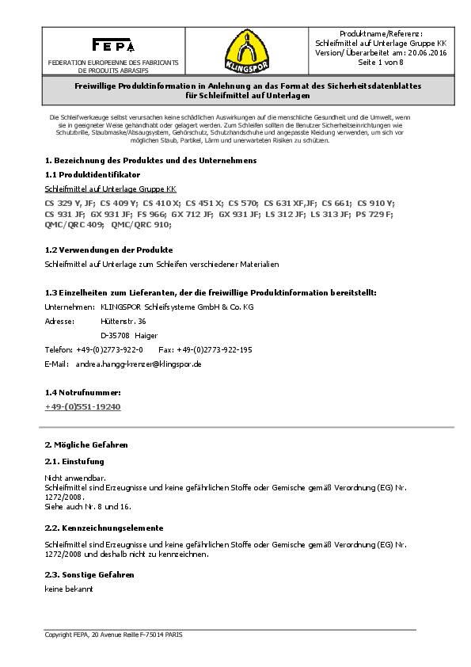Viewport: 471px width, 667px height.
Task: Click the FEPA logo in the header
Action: [x=113, y=44]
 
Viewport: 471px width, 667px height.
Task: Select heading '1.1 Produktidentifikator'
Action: [x=93, y=173]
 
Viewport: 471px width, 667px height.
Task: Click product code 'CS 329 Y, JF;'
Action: [x=70, y=204]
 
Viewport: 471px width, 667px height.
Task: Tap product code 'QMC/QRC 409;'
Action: [x=74, y=225]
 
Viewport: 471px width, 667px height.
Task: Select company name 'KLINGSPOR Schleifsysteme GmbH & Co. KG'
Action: [x=170, y=307]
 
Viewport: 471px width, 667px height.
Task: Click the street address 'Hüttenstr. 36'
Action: [x=124, y=321]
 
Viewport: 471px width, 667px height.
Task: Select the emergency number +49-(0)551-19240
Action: [x=83, y=406]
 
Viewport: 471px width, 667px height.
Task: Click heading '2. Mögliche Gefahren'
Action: [x=85, y=445]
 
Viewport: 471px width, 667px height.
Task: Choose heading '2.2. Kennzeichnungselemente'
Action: [x=104, y=528]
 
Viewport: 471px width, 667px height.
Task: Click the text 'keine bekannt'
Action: [x=69, y=591]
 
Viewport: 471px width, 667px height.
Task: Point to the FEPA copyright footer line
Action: [x=113, y=635]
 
